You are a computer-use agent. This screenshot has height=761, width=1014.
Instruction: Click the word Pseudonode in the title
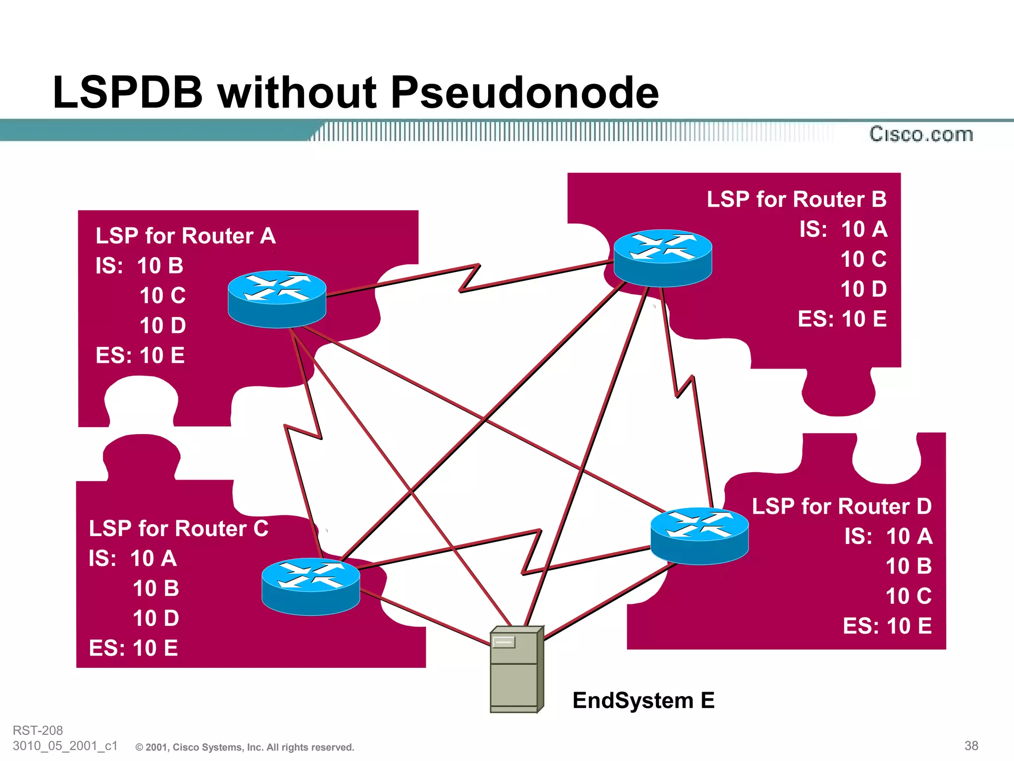(525, 93)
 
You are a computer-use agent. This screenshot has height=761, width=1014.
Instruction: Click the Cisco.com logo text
(921, 134)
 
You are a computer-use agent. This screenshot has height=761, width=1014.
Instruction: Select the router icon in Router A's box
(277, 299)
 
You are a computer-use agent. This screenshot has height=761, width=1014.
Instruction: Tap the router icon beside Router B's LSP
(662, 258)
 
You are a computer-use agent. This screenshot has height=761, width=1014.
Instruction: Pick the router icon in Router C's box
(310, 587)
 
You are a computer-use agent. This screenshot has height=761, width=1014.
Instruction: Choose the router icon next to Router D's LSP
(699, 536)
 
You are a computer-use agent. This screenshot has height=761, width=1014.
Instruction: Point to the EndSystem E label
(643, 700)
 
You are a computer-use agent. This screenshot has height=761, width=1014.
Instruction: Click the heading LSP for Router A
(185, 236)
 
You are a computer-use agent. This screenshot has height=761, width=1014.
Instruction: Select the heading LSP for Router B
(796, 199)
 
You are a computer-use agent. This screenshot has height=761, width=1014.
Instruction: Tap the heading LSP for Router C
(178, 528)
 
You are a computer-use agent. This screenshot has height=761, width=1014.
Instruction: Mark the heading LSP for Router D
(842, 506)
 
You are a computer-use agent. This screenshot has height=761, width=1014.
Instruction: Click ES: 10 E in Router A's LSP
(140, 355)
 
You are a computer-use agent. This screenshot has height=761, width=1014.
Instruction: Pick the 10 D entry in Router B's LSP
(863, 289)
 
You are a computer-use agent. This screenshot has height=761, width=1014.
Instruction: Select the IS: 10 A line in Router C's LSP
(133, 558)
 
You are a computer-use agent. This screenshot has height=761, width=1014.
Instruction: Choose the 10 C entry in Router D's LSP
(909, 596)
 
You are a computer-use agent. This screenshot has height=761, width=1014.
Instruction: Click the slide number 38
(971, 746)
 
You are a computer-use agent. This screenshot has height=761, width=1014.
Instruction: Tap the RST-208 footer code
(38, 730)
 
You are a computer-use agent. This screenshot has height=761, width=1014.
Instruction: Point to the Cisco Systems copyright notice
(245, 747)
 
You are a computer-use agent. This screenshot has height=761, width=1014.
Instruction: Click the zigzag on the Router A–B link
(469, 278)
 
